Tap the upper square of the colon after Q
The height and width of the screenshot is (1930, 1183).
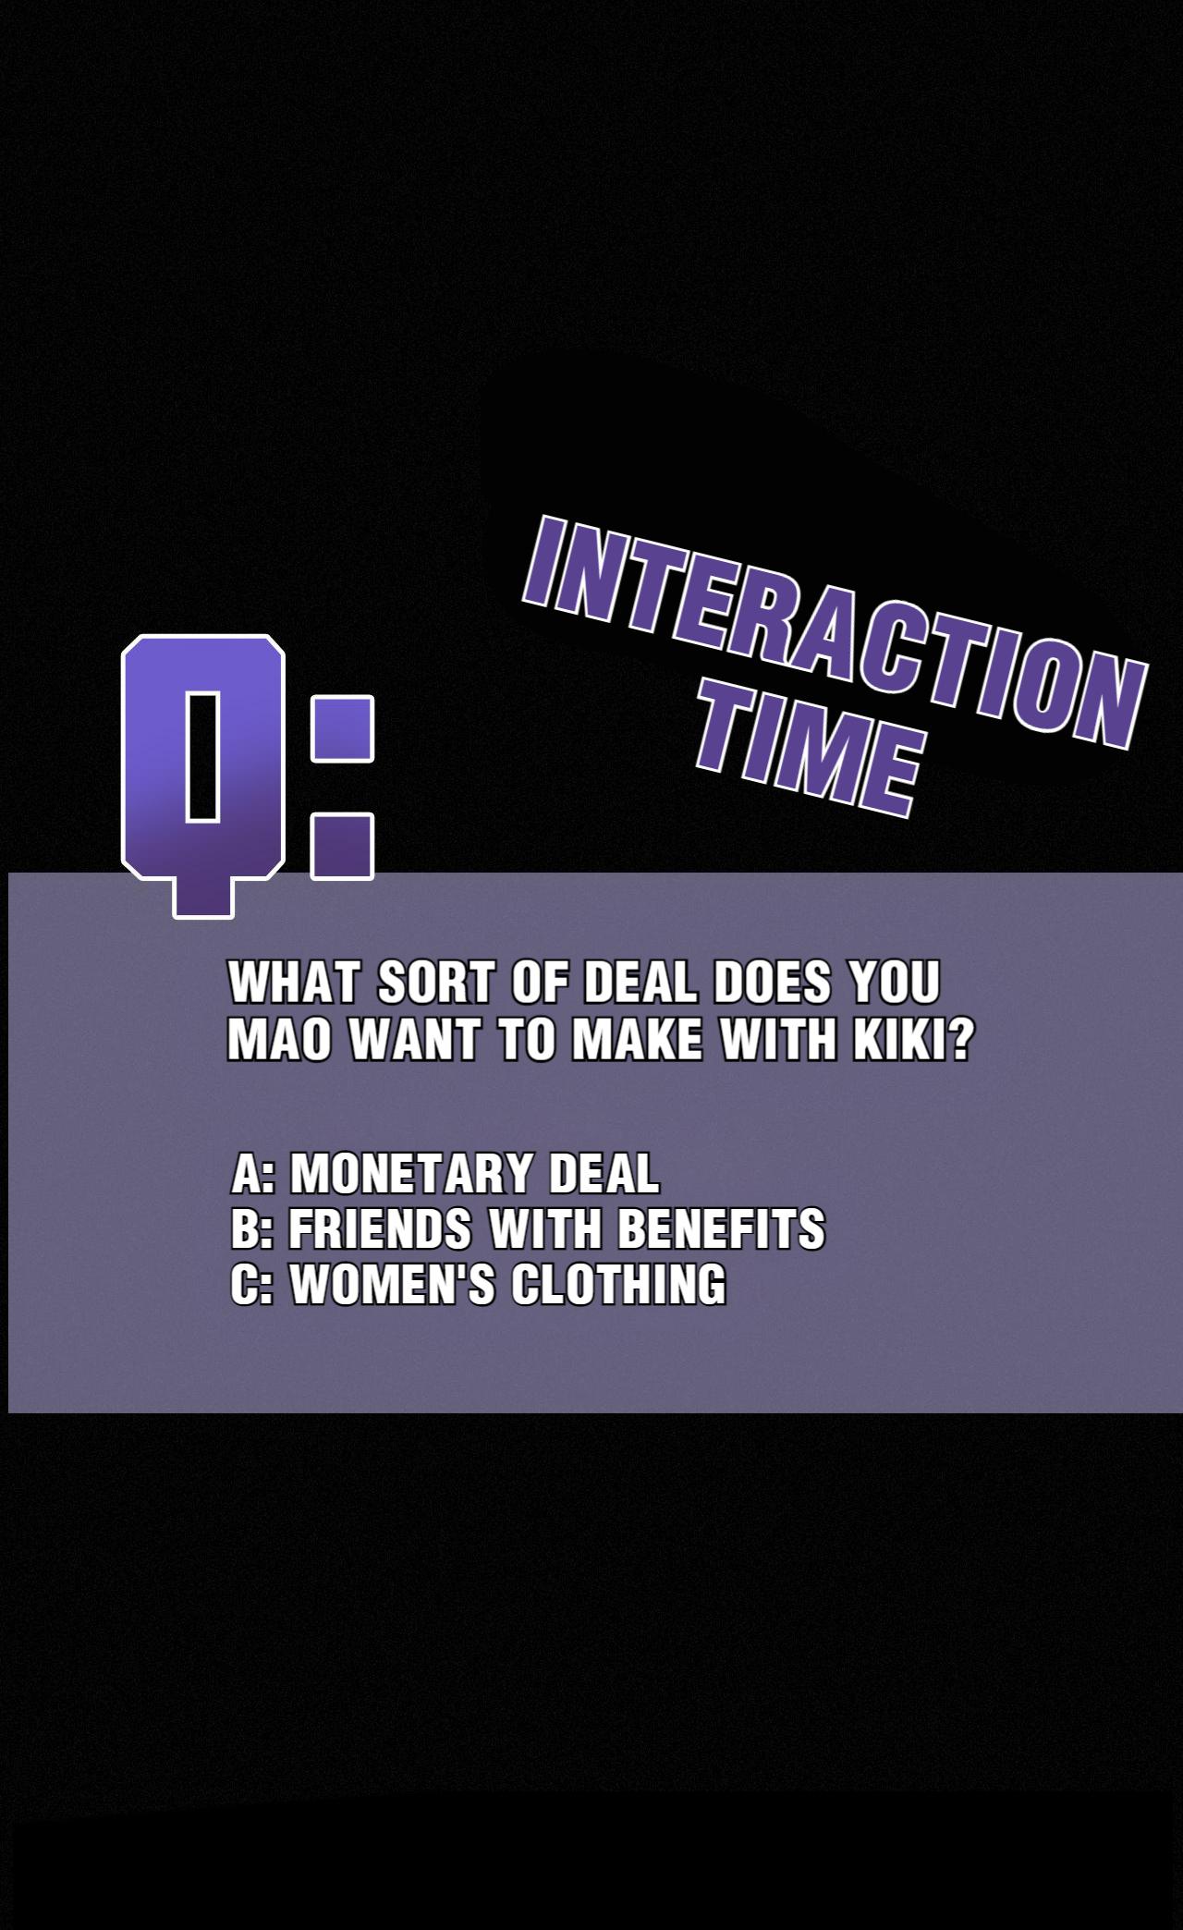tap(342, 728)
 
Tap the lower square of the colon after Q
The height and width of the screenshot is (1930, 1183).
tap(342, 846)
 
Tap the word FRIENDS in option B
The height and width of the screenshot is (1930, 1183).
tap(380, 1228)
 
